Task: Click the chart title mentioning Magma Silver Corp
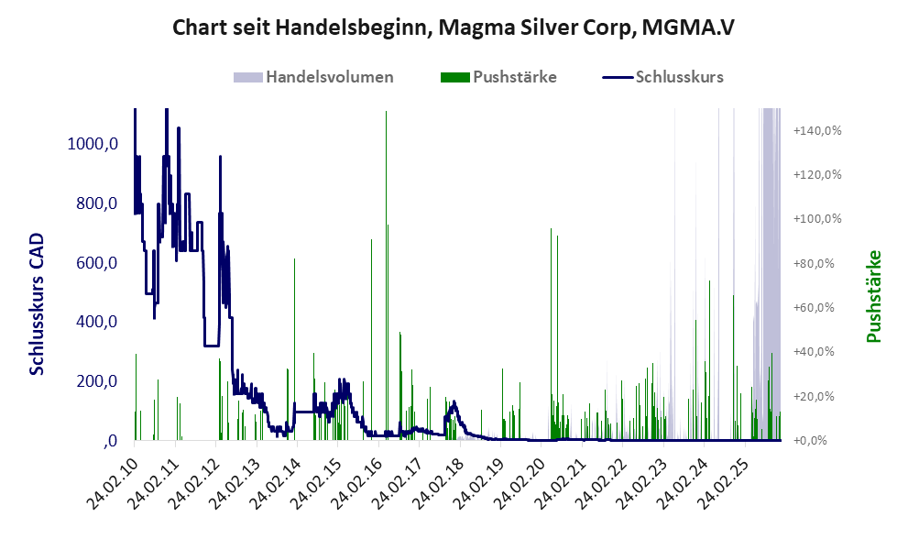454,28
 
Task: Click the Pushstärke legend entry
498,77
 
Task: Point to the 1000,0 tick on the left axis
92,144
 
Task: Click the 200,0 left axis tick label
96,381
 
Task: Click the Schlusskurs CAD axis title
38,302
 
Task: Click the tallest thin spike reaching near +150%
386,115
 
